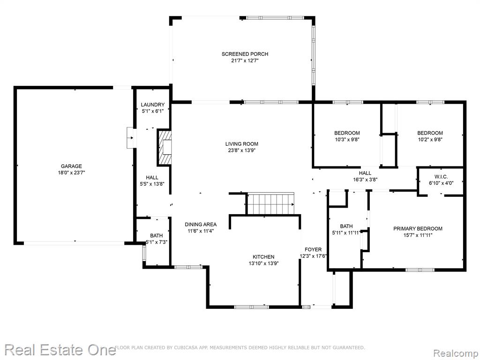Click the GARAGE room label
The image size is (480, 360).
point(71,166)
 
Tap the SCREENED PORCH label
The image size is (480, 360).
point(245,54)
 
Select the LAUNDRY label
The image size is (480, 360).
point(153,105)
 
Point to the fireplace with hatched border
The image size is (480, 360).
point(165,148)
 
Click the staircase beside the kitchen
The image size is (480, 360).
point(270,203)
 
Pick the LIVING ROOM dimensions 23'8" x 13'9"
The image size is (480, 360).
point(241,150)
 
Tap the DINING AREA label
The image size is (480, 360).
point(201,225)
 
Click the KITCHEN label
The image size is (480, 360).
point(263,257)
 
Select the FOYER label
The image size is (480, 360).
point(313,249)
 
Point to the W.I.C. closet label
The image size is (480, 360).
point(441,177)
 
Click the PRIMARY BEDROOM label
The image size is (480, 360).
point(418,228)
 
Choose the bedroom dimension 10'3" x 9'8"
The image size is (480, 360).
point(347,140)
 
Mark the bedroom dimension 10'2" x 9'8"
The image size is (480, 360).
point(430,140)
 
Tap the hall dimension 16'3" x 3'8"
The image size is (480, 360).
point(365,180)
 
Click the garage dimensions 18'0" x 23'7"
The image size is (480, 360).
point(71,172)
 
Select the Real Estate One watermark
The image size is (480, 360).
point(60,350)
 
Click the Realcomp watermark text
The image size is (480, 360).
point(456,353)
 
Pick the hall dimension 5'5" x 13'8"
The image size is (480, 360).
point(152,184)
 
